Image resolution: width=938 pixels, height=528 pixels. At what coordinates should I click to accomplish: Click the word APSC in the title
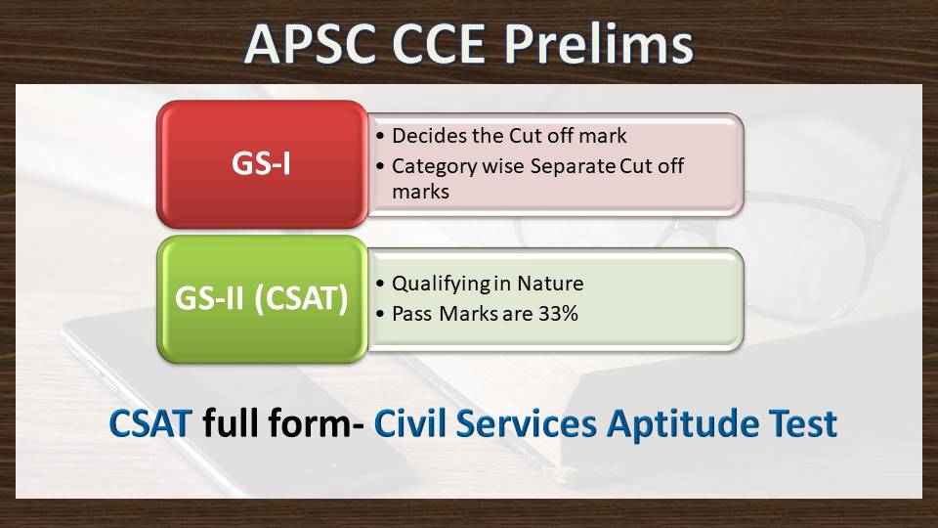(311, 45)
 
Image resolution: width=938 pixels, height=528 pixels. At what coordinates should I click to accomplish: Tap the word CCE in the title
(439, 45)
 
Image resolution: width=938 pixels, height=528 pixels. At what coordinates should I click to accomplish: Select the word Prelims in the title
(598, 44)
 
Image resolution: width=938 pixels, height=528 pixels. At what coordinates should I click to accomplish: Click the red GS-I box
(262, 164)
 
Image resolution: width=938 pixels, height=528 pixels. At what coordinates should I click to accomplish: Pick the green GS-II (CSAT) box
(262, 299)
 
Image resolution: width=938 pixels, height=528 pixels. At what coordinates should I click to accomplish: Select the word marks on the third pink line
(420, 192)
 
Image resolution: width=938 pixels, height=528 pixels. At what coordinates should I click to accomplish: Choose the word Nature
(550, 284)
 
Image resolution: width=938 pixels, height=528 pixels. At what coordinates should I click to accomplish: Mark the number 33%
(558, 314)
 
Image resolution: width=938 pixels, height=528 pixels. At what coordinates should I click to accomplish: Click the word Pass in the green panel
(411, 314)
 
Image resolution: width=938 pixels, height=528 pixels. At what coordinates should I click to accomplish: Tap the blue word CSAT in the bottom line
(150, 423)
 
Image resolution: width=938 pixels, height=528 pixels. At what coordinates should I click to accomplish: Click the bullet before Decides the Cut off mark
(380, 137)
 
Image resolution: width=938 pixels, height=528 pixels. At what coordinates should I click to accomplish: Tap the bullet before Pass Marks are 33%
(380, 314)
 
